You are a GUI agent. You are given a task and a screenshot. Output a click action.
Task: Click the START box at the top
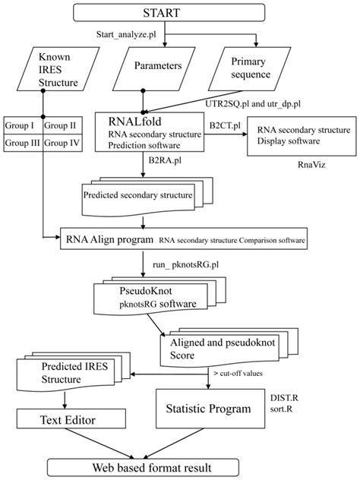coord(180,13)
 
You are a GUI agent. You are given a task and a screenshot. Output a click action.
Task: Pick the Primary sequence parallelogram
coord(250,66)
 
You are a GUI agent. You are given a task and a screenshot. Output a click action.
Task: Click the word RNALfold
coord(127,120)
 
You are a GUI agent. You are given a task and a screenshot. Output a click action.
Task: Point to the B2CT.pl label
coord(225,120)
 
